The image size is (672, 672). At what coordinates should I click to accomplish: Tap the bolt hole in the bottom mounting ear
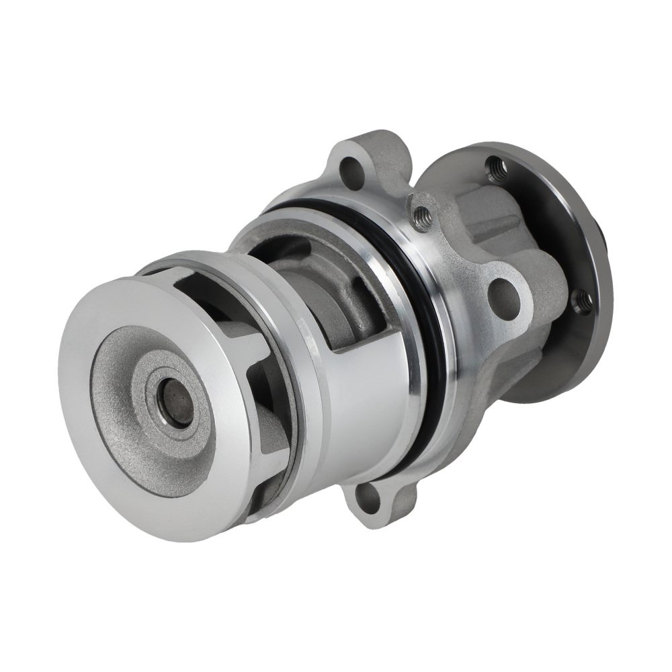tap(368, 497)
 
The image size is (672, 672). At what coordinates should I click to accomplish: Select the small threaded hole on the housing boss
tap(422, 217)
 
